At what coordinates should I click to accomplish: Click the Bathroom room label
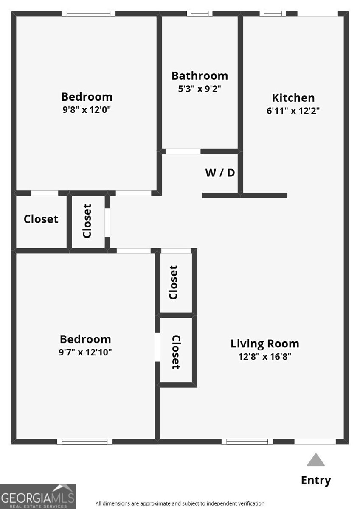coord(200,76)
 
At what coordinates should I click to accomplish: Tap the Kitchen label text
coord(293,98)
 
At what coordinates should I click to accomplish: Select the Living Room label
coord(265,344)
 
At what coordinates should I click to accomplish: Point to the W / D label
coord(220,173)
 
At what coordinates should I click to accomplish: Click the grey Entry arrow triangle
coord(315,460)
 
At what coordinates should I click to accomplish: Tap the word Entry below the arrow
coord(316,480)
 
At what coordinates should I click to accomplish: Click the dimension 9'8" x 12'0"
coord(87,110)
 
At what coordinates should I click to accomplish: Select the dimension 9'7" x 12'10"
coord(85,352)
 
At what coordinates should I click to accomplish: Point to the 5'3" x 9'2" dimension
coord(200,89)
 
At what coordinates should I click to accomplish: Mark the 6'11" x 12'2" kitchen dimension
coord(293,111)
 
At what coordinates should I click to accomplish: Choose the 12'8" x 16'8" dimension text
coord(265,356)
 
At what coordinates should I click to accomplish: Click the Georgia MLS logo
coord(38,496)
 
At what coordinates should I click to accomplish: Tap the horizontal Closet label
coord(41,219)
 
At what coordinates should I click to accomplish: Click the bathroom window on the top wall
coord(199,14)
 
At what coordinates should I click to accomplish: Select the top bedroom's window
coord(88,14)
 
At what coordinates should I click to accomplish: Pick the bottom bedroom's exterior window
coord(85,442)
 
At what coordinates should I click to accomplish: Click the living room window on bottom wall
coord(247,442)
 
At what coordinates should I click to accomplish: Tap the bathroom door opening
coord(183,151)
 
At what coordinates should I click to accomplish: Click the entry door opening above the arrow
coord(315,442)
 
